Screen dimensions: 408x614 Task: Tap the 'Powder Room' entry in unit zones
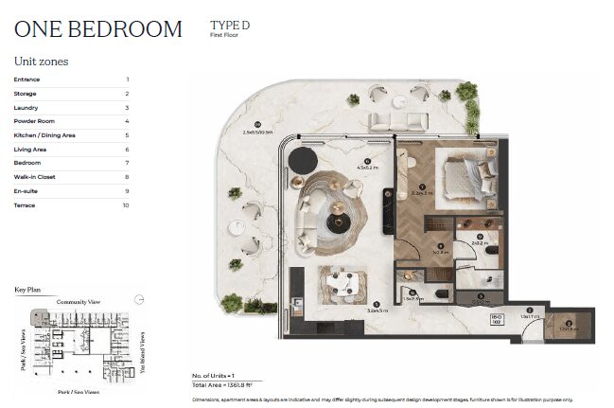[x=33, y=121]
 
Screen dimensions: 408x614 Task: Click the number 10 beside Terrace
[x=125, y=204]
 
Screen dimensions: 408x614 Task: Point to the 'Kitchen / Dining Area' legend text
[x=44, y=135]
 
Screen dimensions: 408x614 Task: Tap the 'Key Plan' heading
[x=29, y=289]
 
